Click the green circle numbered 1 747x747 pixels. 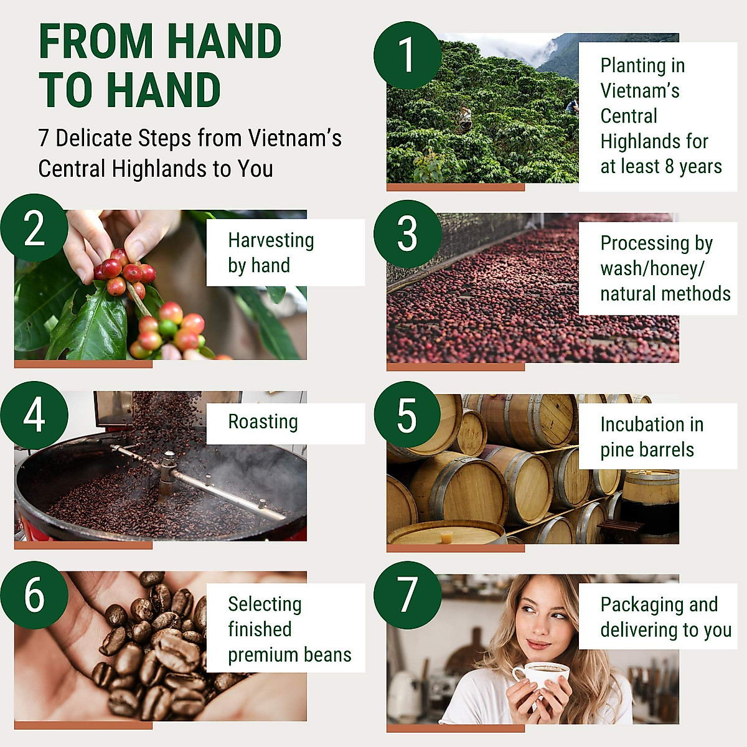tap(407, 55)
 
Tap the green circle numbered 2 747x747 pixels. tap(34, 228)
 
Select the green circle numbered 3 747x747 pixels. tap(407, 234)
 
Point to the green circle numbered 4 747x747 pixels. tap(34, 415)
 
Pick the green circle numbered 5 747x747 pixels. tap(407, 415)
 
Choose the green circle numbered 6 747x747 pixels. tap(34, 595)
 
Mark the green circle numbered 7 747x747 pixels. tap(407, 595)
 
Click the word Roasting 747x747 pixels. tap(263, 422)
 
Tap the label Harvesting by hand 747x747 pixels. tap(271, 253)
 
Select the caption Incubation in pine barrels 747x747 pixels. tap(651, 437)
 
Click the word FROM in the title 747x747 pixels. tap(96, 42)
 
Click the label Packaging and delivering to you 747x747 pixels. tap(665, 617)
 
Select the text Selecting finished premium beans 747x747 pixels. tap(289, 629)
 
